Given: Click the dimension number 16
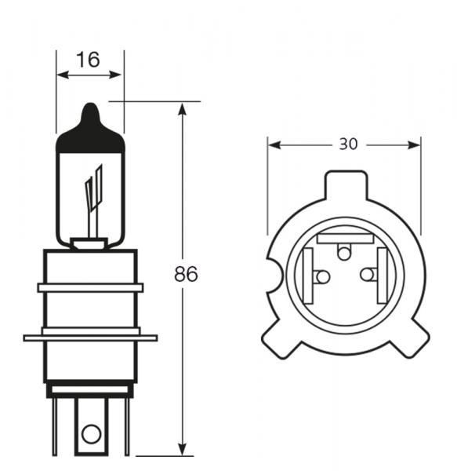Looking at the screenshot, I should (89, 60).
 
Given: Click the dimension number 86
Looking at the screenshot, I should (186, 275).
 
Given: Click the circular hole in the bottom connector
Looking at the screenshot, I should (91, 432).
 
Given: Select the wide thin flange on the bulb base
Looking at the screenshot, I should (89, 338).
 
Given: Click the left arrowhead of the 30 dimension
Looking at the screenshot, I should (274, 144).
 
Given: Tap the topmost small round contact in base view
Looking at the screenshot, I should (344, 251).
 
